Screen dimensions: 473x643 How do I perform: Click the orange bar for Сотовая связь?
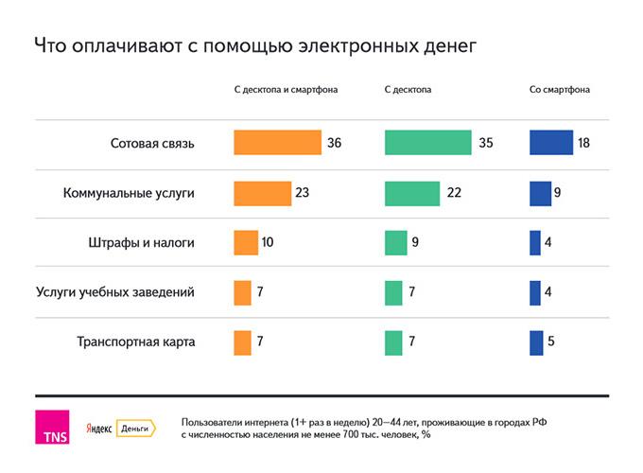pos(277,143)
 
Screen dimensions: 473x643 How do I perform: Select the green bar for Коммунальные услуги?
pos(412,193)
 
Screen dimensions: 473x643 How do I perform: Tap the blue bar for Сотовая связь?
pos(551,143)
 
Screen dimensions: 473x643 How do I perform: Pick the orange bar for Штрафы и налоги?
pos(246,243)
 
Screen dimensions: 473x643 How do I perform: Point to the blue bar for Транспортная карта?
pos(536,342)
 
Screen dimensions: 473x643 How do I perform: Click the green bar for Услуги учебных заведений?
pos(393,293)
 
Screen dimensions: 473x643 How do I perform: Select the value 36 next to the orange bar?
pos(334,143)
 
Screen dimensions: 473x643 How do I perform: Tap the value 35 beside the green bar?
pos(486,143)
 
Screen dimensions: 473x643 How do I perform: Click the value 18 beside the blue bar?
pos(583,143)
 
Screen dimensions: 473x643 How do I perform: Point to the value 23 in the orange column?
pos(303,193)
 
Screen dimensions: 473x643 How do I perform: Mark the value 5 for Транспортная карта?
pos(549,342)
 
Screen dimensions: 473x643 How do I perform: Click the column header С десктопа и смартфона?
pos(286,90)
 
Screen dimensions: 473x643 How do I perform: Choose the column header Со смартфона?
pos(560,90)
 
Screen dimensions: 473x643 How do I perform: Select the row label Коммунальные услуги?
pos(129,193)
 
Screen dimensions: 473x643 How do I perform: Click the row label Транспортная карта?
pos(135,342)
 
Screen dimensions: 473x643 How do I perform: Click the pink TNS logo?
pos(49,427)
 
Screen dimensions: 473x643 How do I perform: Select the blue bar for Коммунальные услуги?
pos(540,193)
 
